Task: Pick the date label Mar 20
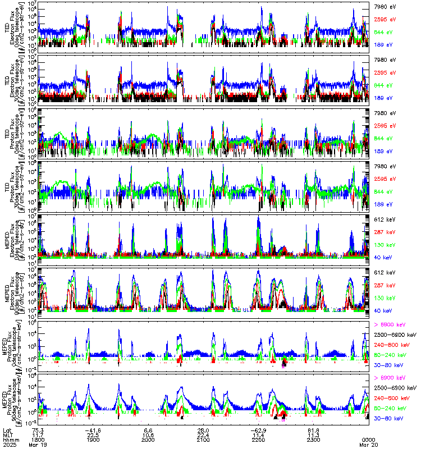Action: pyautogui.click(x=368, y=445)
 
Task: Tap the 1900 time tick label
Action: pyautogui.click(x=94, y=439)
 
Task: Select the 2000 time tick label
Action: pyautogui.click(x=148, y=439)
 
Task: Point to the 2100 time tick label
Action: pyautogui.click(x=203, y=439)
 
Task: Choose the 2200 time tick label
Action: pyautogui.click(x=258, y=439)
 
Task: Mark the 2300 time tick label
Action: pyautogui.click(x=313, y=439)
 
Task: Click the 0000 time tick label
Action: pyautogui.click(x=368, y=439)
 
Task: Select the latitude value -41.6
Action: pyautogui.click(x=93, y=429)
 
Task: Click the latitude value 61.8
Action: pyautogui.click(x=313, y=429)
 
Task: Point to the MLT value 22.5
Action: pyautogui.click(x=94, y=434)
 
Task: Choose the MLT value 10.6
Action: pyautogui.click(x=148, y=434)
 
